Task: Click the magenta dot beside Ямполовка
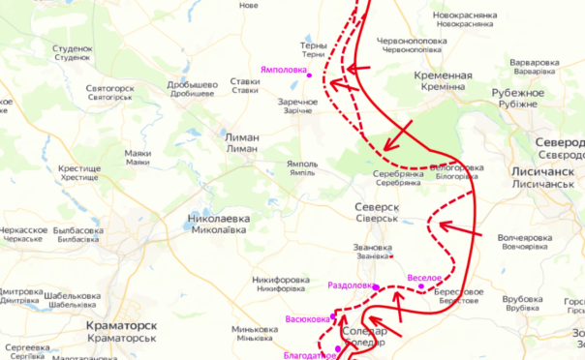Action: click(x=310, y=70)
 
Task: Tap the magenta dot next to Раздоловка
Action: click(x=376, y=286)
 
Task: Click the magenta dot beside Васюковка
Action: click(x=333, y=316)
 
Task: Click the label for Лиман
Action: click(x=241, y=137)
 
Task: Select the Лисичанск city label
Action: click(x=546, y=169)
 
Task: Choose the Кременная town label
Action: click(x=442, y=75)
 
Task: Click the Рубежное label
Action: click(x=520, y=93)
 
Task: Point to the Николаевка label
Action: click(x=218, y=220)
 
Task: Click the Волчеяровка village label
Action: click(x=525, y=237)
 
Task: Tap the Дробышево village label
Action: click(x=191, y=83)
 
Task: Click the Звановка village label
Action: click(x=372, y=248)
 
